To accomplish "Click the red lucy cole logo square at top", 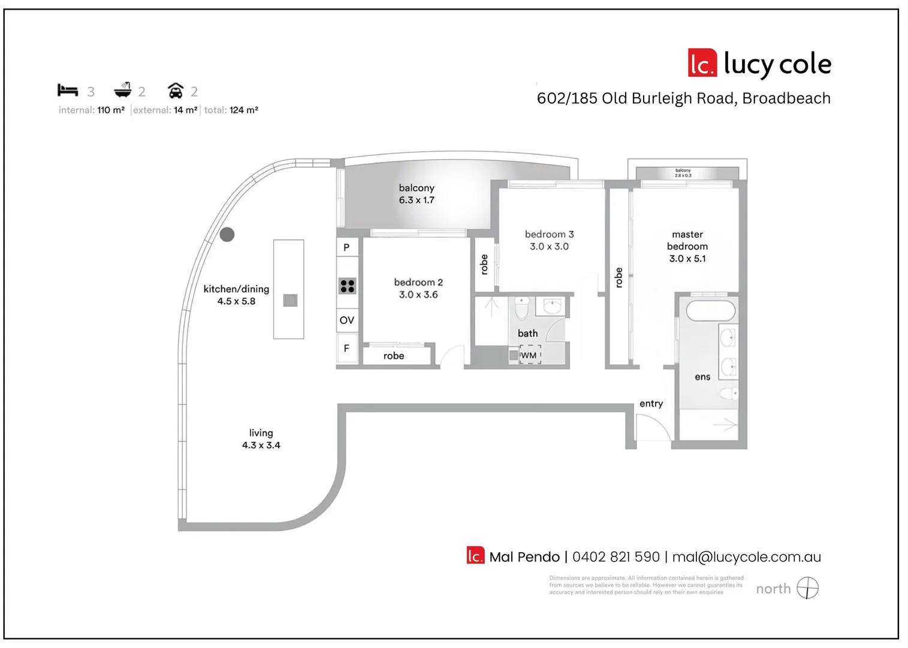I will tap(702, 63).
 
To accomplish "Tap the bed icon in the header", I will tap(68, 91).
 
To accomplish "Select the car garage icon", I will tap(175, 91).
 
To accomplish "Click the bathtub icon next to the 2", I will tap(123, 90).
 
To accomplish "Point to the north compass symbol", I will tap(807, 588).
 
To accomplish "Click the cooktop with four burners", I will tap(348, 286).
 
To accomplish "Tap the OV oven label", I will tap(347, 320).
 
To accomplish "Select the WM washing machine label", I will tap(529, 355).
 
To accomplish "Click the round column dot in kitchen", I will tap(227, 235).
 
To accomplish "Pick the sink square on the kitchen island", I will tap(290, 300).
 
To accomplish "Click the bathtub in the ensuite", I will tap(710, 311).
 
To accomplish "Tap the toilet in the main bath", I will tap(522, 307).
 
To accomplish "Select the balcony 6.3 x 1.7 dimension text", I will tap(417, 200).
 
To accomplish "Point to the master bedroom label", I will tap(687, 241).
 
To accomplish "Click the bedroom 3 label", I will tap(549, 235).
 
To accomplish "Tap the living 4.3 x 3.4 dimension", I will tap(261, 445).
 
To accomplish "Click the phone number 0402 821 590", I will tap(616, 557).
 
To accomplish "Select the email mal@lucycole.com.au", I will tap(746, 557).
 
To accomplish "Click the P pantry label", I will tap(346, 247).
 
